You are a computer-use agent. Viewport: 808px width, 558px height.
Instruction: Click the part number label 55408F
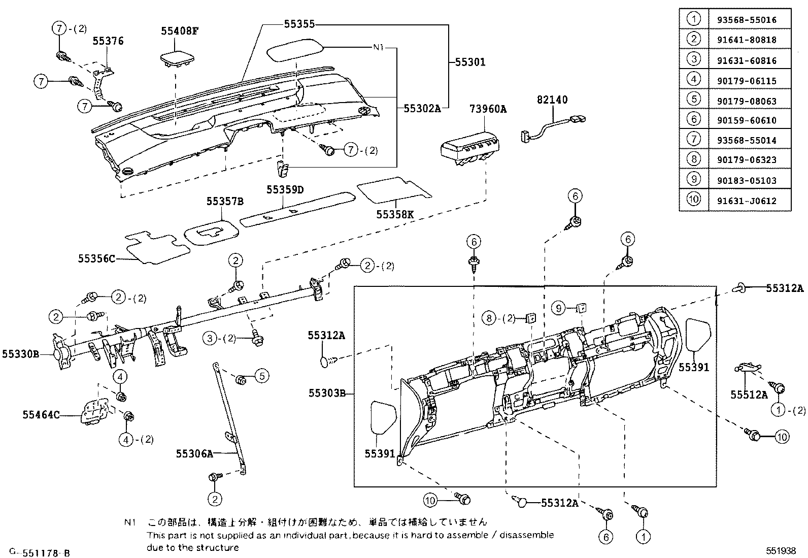(179, 30)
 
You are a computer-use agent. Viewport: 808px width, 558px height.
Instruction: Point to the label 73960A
(488, 109)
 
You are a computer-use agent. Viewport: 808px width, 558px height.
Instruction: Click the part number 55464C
(41, 415)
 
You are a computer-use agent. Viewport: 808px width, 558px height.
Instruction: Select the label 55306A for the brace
(194, 453)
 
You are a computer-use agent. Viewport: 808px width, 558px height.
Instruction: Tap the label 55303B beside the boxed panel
(327, 393)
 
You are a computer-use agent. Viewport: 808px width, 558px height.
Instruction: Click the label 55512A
(749, 394)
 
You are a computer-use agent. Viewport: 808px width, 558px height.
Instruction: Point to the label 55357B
(225, 202)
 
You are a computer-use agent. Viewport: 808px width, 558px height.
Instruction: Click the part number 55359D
(285, 189)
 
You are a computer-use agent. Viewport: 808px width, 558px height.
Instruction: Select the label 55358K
(395, 214)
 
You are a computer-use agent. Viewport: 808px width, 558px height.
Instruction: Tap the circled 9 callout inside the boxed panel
(558, 308)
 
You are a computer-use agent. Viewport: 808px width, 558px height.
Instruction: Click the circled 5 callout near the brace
(262, 376)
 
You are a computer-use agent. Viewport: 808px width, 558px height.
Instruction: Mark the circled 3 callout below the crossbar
(210, 338)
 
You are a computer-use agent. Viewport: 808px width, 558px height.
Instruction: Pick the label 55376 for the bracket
(108, 41)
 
